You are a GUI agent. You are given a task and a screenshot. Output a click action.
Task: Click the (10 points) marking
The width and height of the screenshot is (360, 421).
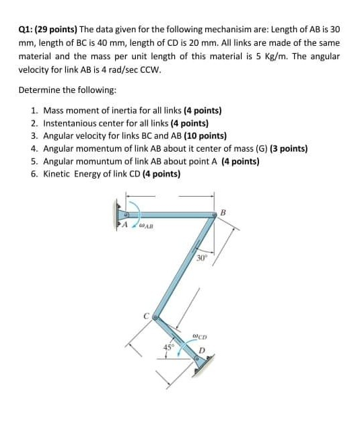205,135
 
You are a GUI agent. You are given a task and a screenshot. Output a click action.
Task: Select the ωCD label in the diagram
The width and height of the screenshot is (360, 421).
199,336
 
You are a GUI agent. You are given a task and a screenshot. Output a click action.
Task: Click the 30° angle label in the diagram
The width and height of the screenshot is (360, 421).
203,258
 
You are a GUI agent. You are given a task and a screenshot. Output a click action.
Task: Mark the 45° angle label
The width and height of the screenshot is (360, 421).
169,346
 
